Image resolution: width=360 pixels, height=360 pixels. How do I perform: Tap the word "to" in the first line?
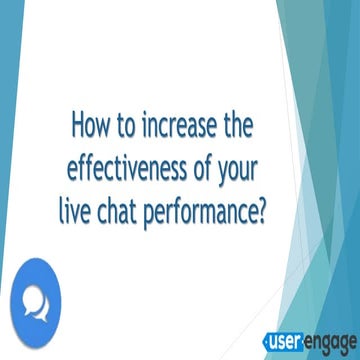(x=128, y=127)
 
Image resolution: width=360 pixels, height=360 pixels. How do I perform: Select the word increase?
(x=182, y=127)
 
